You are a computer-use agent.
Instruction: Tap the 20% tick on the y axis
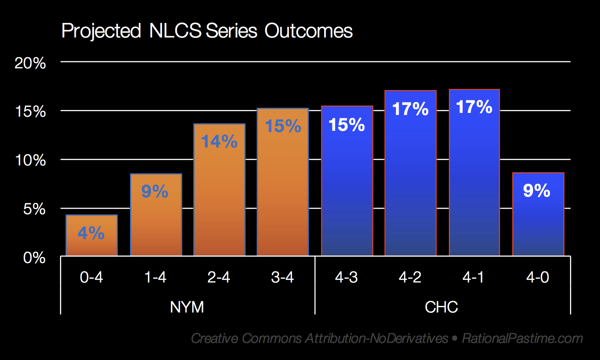click(x=30, y=63)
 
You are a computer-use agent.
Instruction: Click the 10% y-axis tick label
click(x=30, y=160)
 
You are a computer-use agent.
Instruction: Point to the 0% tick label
click(x=34, y=257)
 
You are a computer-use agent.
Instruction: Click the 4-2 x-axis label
click(x=410, y=277)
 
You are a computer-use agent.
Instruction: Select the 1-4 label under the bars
click(x=155, y=277)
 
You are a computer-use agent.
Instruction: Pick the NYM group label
click(x=187, y=307)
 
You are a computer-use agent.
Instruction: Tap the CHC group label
click(x=441, y=307)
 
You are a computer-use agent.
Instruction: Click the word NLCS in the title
click(x=175, y=31)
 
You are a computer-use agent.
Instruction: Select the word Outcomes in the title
click(x=308, y=31)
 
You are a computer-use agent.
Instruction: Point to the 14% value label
click(x=219, y=142)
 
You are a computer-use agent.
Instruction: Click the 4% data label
click(x=91, y=233)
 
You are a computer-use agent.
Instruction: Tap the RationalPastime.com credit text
click(x=522, y=338)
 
